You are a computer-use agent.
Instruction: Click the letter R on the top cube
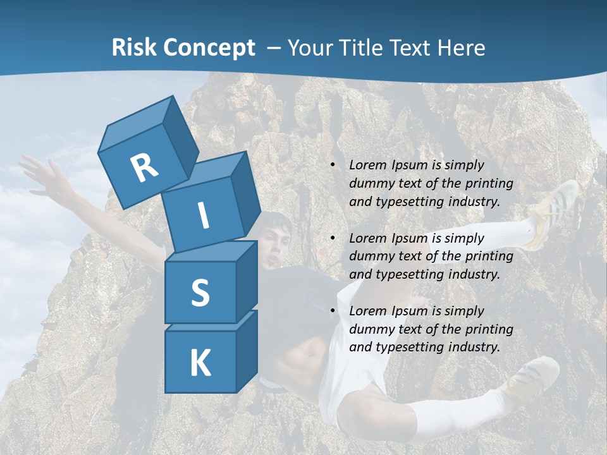click(x=144, y=167)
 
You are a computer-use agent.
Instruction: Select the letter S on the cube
click(x=200, y=292)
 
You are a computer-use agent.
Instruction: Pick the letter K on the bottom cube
click(x=200, y=363)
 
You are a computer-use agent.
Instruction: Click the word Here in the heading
click(x=460, y=47)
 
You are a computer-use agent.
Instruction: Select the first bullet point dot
click(x=333, y=166)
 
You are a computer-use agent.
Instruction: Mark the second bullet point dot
click(x=333, y=238)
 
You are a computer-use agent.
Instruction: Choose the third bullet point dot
click(x=333, y=311)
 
